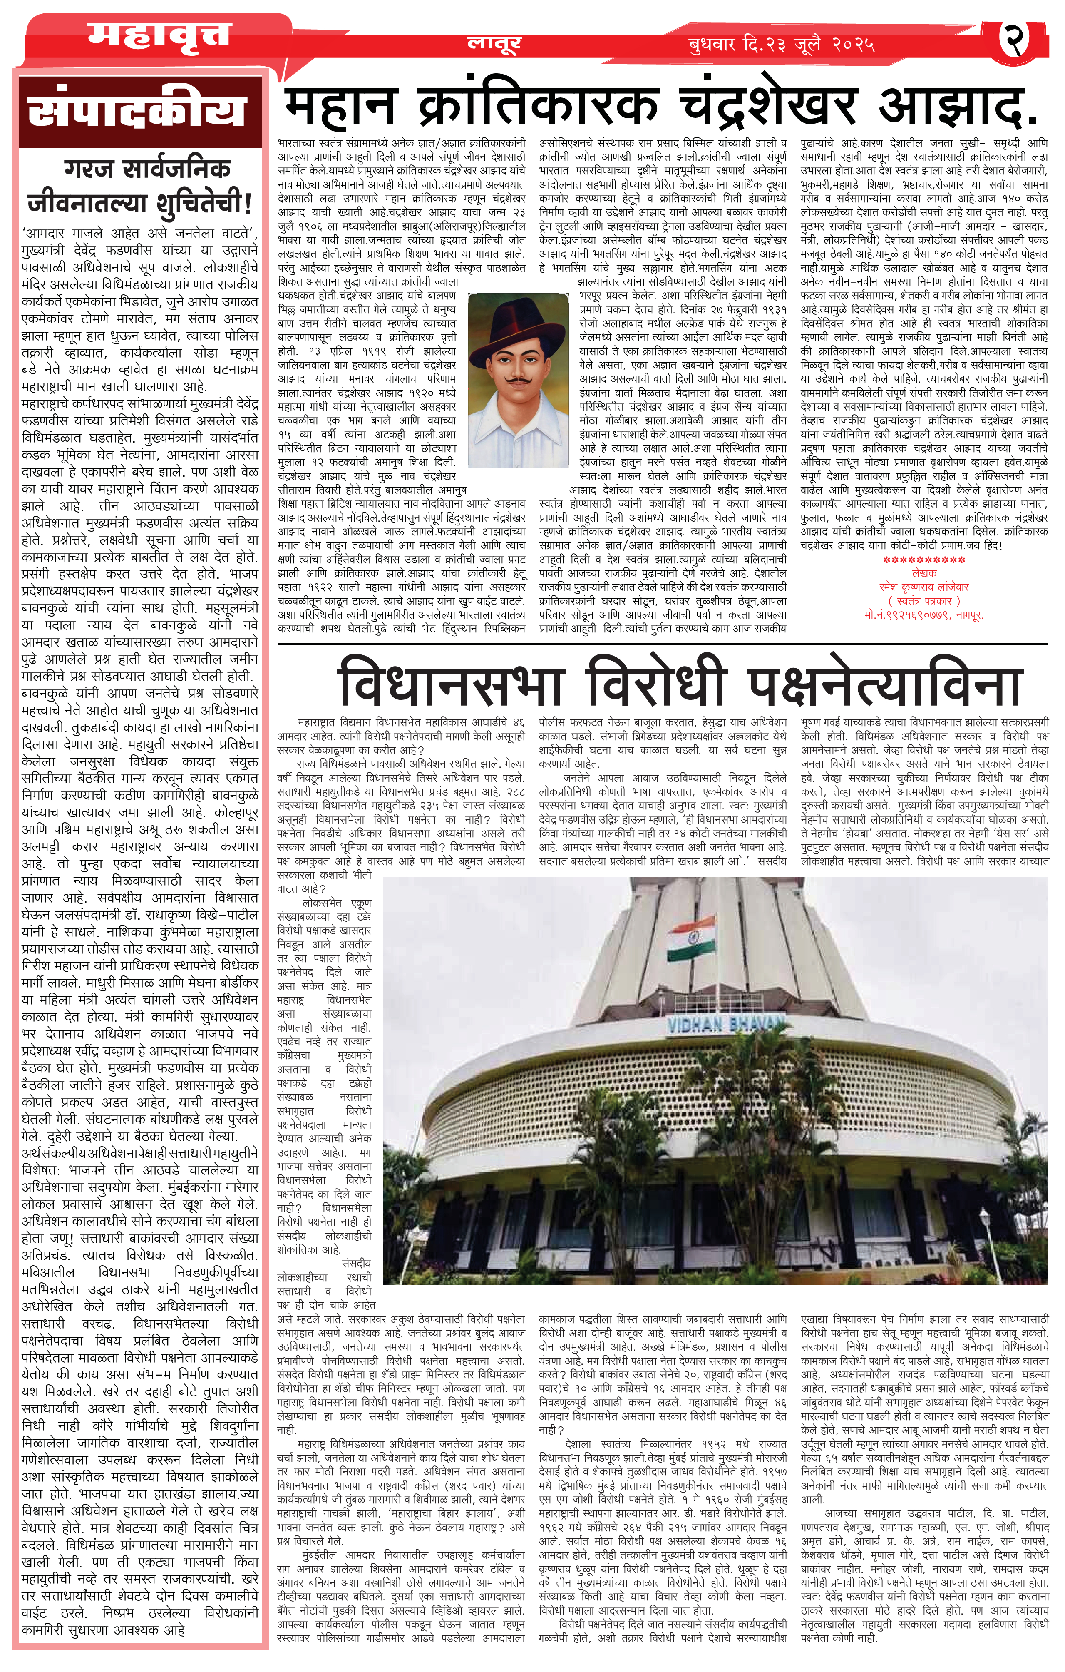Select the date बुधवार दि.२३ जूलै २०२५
[x=781, y=45]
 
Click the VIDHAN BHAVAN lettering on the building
[x=725, y=1023]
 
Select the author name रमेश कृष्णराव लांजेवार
[x=923, y=587]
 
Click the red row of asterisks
[x=923, y=560]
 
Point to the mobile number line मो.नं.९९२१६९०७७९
[x=923, y=615]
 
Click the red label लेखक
[x=923, y=573]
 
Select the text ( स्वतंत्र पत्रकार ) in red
[x=923, y=601]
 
